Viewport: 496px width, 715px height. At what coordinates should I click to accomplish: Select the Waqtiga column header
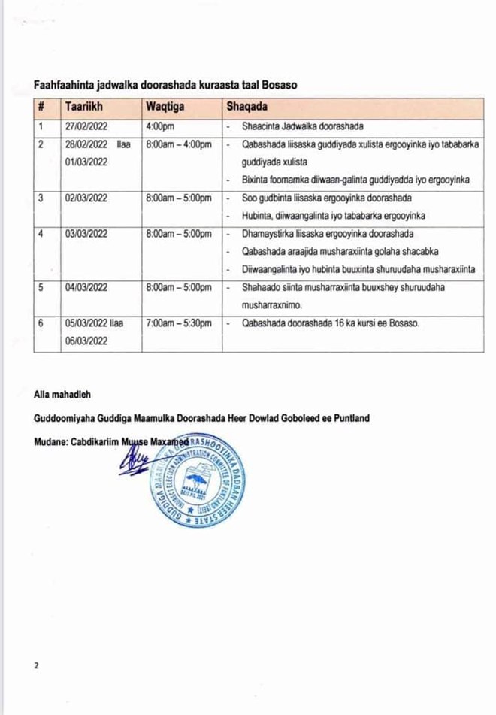pyautogui.click(x=167, y=107)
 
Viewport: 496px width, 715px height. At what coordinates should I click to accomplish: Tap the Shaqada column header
pyautogui.click(x=247, y=107)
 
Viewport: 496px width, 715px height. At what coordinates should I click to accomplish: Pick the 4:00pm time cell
pyautogui.click(x=160, y=126)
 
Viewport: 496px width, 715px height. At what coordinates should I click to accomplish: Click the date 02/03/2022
pyautogui.click(x=86, y=199)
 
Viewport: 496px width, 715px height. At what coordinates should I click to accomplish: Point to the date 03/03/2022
pyautogui.click(x=86, y=235)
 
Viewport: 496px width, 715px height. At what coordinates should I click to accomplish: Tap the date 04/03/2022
pyautogui.click(x=86, y=288)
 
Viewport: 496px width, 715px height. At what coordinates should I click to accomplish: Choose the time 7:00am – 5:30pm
pyautogui.click(x=179, y=324)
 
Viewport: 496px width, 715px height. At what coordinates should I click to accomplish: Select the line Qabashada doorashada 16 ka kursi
pyautogui.click(x=331, y=324)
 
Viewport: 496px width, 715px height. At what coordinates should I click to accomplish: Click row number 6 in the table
pyautogui.click(x=41, y=324)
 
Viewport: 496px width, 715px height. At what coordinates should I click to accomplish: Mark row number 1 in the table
pyautogui.click(x=41, y=126)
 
